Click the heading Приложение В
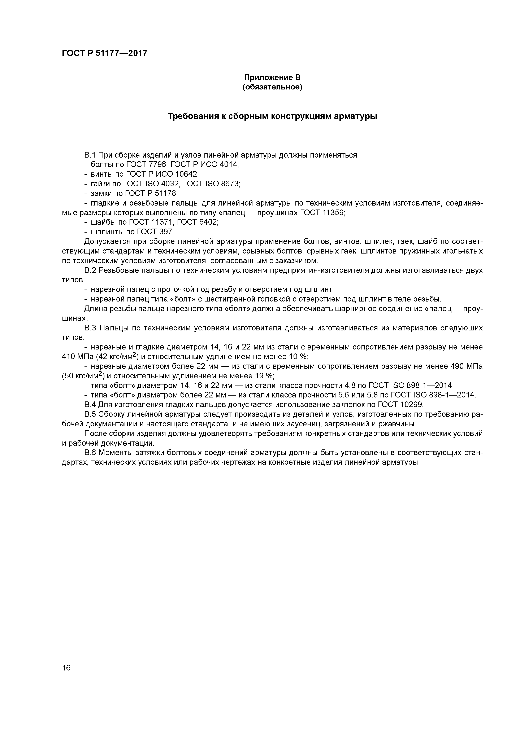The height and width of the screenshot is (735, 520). click(272, 78)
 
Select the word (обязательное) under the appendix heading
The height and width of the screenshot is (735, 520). click(272, 87)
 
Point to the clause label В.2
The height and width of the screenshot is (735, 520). click(90, 270)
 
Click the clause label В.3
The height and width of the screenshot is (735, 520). click(90, 328)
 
